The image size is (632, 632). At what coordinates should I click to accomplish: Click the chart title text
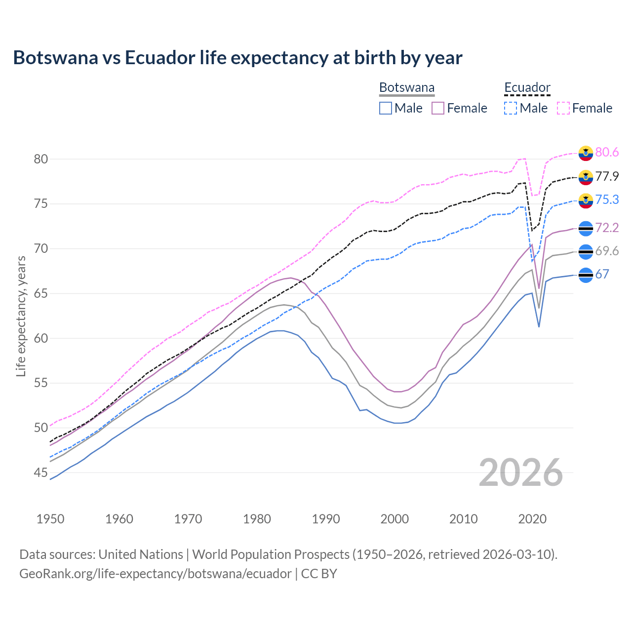(x=237, y=58)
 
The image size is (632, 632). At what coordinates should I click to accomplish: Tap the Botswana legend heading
(x=407, y=88)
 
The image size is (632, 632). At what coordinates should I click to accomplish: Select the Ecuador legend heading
(x=527, y=88)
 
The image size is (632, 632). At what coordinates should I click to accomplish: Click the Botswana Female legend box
(x=438, y=108)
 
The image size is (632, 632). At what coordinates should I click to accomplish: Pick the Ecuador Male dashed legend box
(x=511, y=108)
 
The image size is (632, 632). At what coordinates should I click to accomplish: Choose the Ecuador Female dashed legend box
(x=563, y=108)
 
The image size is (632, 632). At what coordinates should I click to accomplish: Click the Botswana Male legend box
(x=386, y=108)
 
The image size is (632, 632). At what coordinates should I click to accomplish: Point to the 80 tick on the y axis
(x=41, y=159)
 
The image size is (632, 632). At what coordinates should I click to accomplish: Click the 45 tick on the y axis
(x=41, y=473)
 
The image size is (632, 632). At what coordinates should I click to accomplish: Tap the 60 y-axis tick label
(x=41, y=339)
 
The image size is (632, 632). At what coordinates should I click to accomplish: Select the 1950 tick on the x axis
(x=50, y=519)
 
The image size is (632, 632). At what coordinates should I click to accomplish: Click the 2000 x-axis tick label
(x=395, y=519)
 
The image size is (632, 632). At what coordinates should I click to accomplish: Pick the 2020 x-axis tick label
(x=532, y=519)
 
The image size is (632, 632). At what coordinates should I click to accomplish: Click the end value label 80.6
(x=607, y=153)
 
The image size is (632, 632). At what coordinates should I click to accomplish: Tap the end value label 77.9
(x=607, y=177)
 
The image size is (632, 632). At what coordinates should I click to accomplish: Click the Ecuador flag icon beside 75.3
(x=586, y=200)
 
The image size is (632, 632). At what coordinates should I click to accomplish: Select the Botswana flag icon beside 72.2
(x=586, y=228)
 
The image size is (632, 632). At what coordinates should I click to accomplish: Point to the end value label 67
(x=602, y=275)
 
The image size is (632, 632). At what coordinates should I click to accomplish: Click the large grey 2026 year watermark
(x=520, y=473)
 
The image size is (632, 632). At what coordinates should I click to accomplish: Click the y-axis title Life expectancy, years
(x=21, y=316)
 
